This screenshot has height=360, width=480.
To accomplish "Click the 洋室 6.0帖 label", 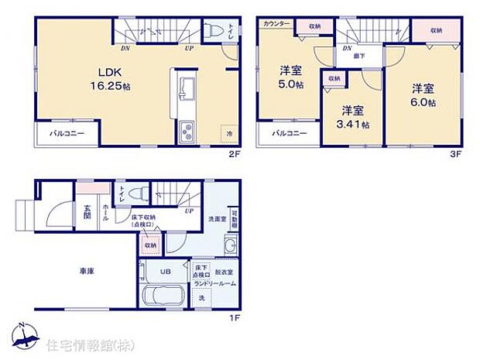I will tap(423, 95).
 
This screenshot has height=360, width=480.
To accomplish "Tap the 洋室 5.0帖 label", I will tap(291, 81).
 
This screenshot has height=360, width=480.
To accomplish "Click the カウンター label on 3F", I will tap(276, 24).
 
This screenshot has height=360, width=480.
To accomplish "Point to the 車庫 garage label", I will tap(87, 272).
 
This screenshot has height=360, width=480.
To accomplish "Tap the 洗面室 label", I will tap(215, 218).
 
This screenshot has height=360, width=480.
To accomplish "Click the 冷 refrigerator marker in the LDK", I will tap(228, 133).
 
